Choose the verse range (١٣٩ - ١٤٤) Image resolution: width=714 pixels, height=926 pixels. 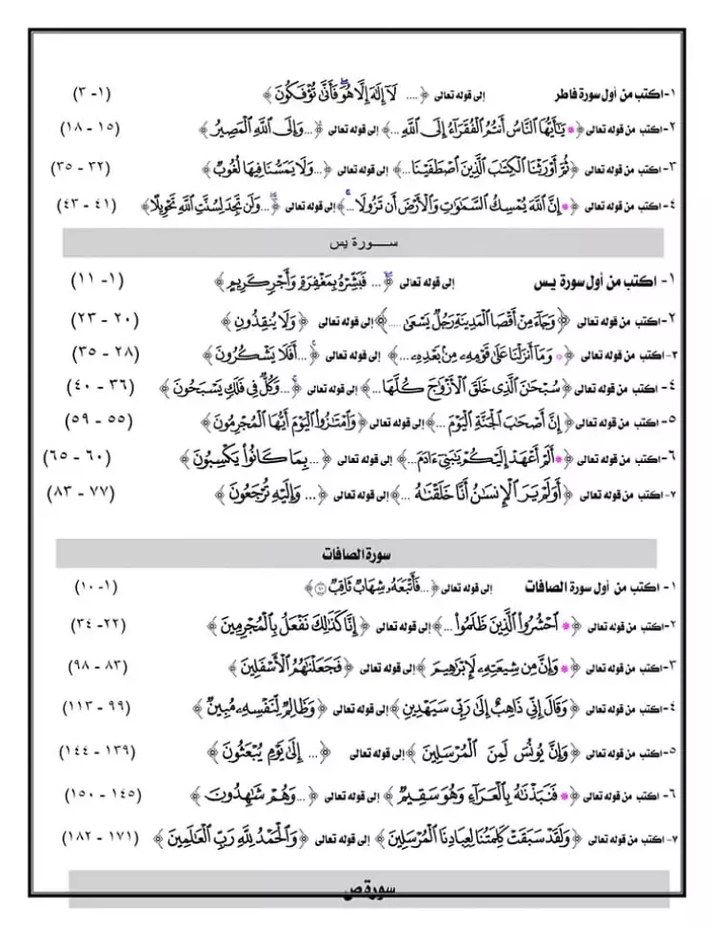(x=96, y=752)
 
